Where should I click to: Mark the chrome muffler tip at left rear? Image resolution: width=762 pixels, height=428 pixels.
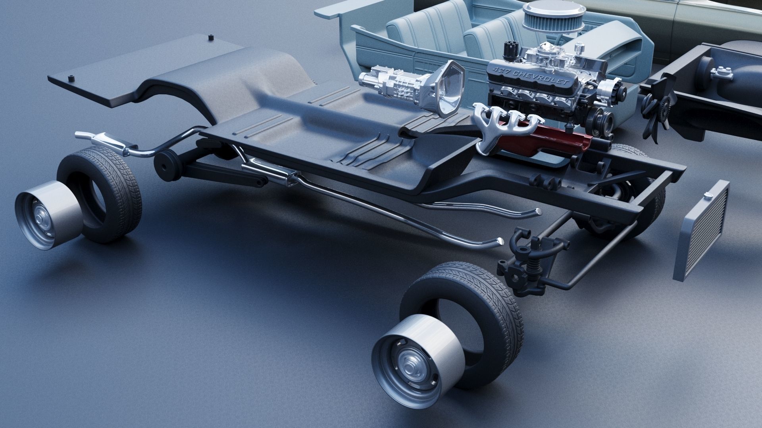coord(81,135)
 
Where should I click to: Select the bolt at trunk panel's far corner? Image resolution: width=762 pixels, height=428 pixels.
coord(211,38)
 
